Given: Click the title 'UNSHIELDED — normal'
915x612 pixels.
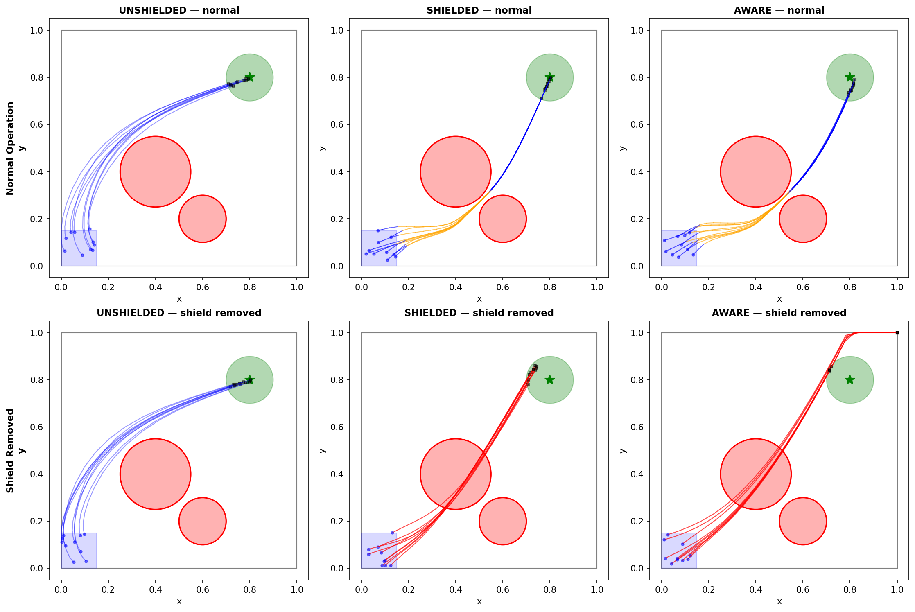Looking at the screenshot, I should tap(179, 10).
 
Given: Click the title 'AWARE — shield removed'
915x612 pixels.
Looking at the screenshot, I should tap(779, 313).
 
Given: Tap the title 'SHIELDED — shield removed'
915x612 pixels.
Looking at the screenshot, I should tap(479, 313).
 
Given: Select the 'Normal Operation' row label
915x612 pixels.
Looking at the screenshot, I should tap(10, 148).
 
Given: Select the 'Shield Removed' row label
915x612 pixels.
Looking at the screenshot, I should tap(10, 450).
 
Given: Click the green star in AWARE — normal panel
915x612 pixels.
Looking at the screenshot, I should tap(849, 77).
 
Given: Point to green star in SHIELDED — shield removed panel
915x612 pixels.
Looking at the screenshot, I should tap(549, 380).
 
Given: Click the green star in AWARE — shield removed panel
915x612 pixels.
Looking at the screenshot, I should tap(849, 380).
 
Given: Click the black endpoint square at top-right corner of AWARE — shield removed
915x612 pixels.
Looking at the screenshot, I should tap(897, 333).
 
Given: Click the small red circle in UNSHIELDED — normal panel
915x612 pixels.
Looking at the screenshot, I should tap(202, 219).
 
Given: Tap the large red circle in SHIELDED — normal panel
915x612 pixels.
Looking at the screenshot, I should tap(455, 172).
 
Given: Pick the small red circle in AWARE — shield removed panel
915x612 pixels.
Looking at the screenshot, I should tap(802, 521).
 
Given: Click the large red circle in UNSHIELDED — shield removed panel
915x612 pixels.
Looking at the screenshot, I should tap(155, 474).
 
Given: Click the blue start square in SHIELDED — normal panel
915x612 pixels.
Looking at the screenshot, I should tap(379, 248).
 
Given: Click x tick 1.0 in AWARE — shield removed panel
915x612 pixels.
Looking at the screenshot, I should tap(897, 589).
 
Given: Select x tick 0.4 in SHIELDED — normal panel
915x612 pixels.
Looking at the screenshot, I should tap(455, 287).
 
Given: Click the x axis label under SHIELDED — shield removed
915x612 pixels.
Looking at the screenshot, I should tap(479, 601).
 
